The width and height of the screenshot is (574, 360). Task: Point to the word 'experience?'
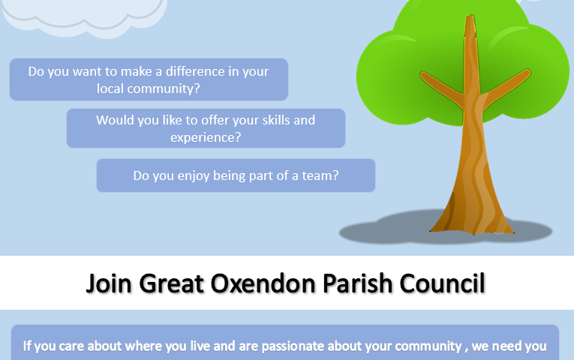[x=206, y=137]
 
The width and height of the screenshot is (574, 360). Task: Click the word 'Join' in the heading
[x=109, y=283]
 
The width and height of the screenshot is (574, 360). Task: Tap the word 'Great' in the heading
[x=171, y=283]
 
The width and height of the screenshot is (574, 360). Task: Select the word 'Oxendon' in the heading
[x=263, y=283]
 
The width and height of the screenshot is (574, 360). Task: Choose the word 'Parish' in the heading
[x=357, y=283]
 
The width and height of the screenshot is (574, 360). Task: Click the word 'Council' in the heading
[x=442, y=283]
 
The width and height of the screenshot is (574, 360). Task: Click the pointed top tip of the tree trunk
[x=470, y=15]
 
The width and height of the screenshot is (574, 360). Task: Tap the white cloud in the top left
[x=83, y=16]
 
